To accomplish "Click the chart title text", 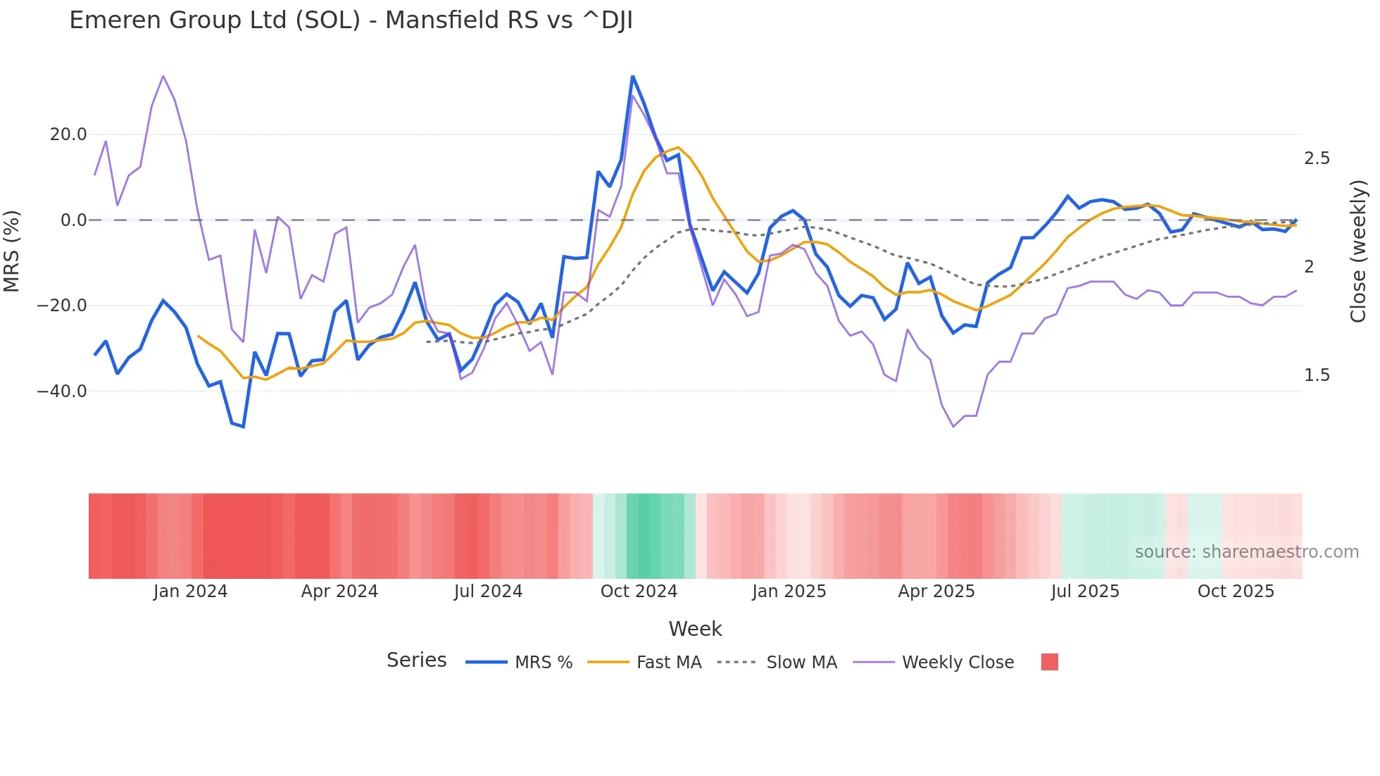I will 351,20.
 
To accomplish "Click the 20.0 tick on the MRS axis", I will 68,134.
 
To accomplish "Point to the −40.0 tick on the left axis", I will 62,392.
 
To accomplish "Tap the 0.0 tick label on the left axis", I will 73,220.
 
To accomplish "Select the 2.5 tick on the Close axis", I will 1317,158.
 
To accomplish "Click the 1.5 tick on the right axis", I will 1317,375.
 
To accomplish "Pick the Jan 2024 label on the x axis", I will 190,592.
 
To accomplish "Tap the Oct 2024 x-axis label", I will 639,592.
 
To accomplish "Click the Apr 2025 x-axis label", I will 936,592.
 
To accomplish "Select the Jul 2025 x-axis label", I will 1085,592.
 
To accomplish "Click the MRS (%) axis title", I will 12,251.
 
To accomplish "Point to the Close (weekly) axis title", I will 1358,251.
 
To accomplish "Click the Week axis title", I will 695,629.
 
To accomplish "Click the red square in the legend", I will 1049,662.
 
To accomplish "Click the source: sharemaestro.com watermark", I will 1246,552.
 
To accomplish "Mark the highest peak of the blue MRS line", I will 632,76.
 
